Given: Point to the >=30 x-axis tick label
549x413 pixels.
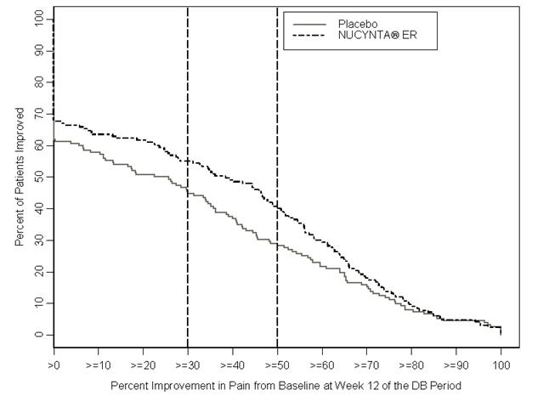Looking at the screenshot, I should (187, 364).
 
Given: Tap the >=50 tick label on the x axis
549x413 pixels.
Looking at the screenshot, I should (277, 364).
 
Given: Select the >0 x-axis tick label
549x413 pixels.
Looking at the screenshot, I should (53, 364).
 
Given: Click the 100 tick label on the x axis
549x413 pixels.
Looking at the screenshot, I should (501, 364).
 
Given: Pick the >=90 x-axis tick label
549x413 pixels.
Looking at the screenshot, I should (456, 364).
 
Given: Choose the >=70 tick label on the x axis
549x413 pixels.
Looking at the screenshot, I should (366, 364).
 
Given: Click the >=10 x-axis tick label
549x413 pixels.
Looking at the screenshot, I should (98, 364).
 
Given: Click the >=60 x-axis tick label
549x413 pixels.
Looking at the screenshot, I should (321, 364).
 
